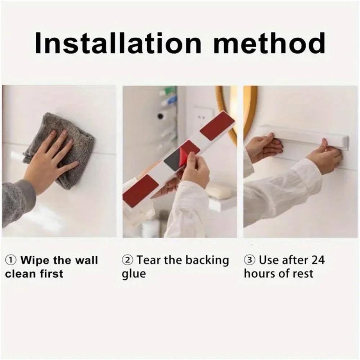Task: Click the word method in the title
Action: (x=269, y=43)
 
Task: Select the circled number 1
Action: (x=12, y=260)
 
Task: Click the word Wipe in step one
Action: (x=35, y=260)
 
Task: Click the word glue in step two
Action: (x=134, y=274)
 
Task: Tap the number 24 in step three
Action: (x=316, y=260)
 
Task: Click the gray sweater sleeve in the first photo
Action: (x=18, y=202)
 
